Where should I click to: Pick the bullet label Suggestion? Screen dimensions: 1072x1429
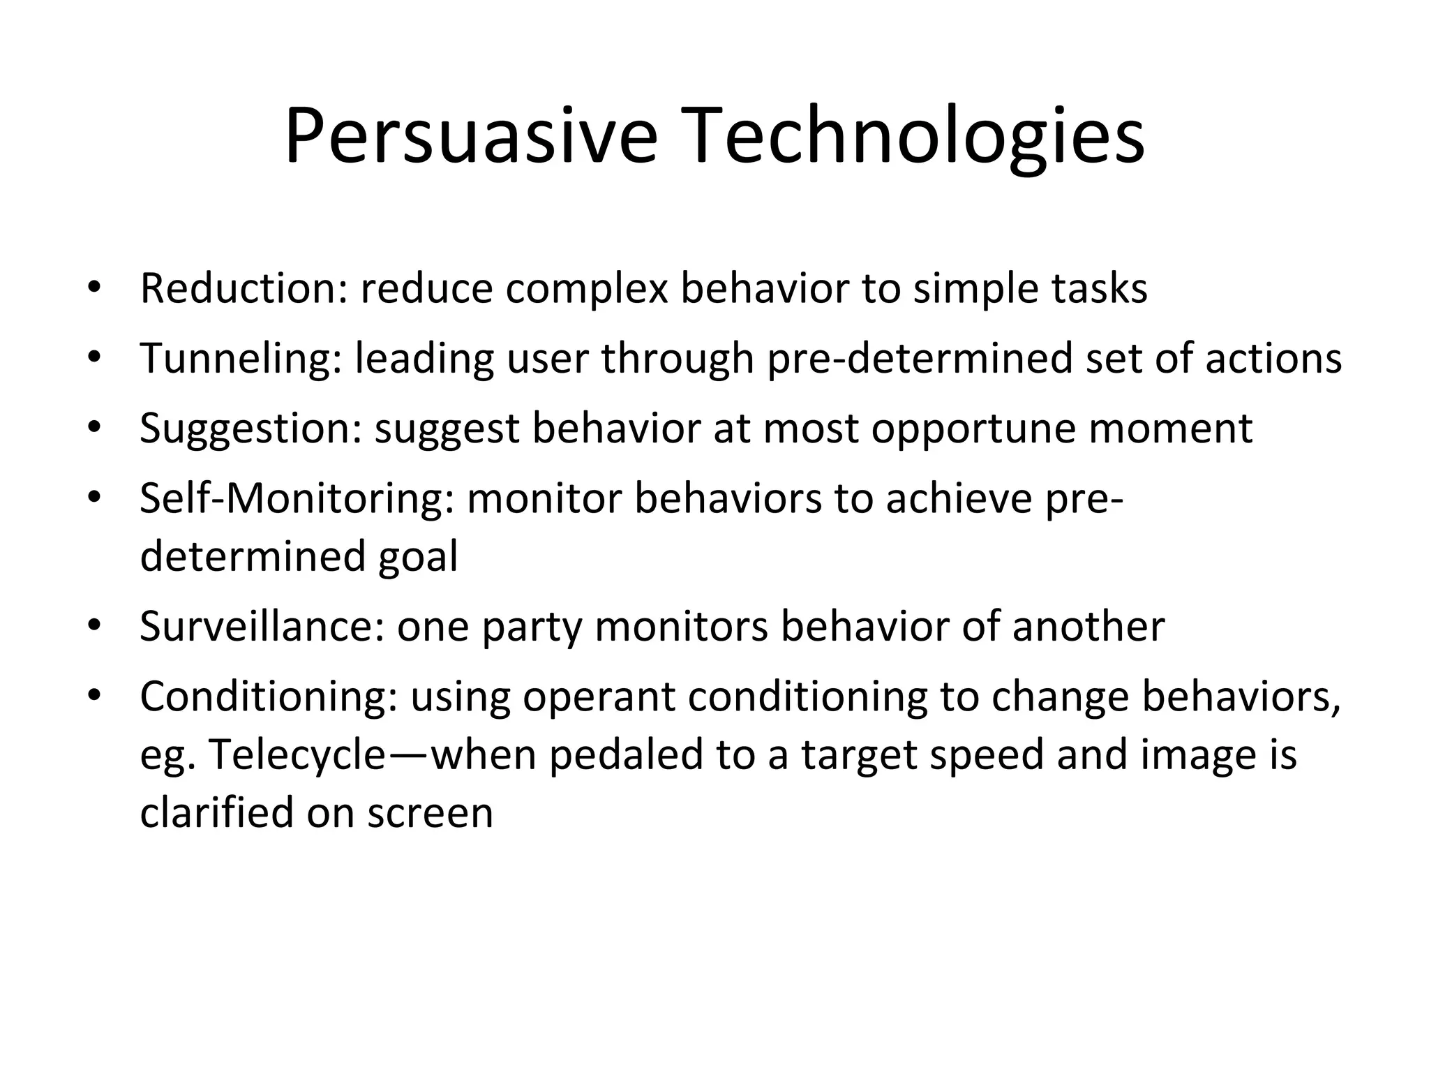(250, 428)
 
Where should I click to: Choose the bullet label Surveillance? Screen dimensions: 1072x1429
(262, 626)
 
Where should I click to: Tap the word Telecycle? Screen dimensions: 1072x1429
(297, 755)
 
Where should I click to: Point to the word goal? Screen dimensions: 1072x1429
(418, 557)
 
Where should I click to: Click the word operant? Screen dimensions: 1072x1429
(599, 697)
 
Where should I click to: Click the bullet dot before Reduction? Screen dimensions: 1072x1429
(95, 288)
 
